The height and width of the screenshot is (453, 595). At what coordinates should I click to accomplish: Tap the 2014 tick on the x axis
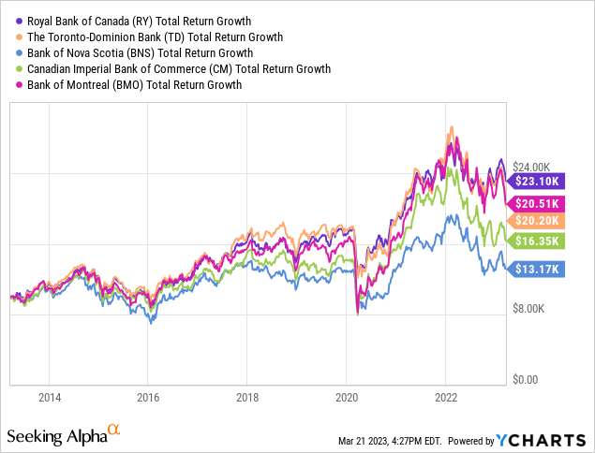pos(51,397)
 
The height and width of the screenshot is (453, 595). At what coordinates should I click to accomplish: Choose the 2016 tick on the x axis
pos(148,397)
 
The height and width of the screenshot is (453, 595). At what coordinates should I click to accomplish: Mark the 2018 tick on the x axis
pos(246,397)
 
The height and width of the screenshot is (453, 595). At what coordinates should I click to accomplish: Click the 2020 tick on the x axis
pos(346,397)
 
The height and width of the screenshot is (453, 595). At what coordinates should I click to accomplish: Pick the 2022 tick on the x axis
pos(445,397)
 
